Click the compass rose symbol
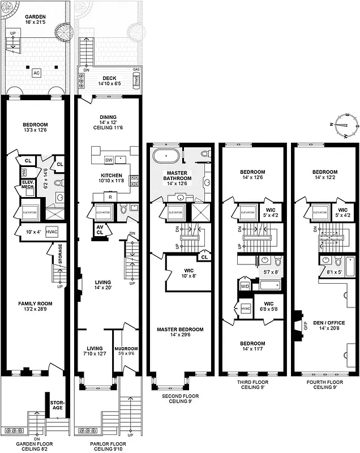(x=345, y=128)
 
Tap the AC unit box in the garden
(x=36, y=73)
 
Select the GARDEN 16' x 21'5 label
(x=36, y=20)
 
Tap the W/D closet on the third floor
(x=245, y=285)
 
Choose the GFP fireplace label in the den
(x=306, y=325)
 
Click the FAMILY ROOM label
(x=35, y=307)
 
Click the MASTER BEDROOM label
(x=181, y=332)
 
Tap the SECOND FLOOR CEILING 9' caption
(x=181, y=399)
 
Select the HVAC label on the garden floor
(x=51, y=232)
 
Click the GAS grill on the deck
(x=136, y=82)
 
